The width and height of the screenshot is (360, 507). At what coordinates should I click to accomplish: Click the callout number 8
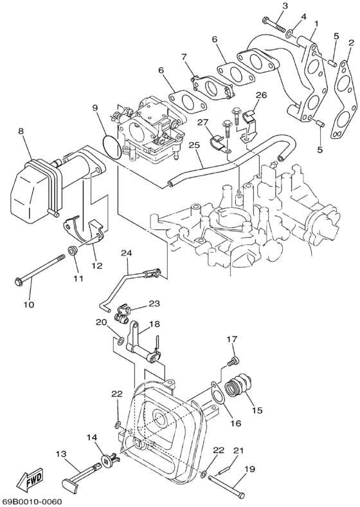[x=21, y=131]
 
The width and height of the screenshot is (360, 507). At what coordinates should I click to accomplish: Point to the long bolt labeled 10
[x=39, y=271]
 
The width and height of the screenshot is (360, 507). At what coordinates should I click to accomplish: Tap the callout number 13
[x=61, y=454]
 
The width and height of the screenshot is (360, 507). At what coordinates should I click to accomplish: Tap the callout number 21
[x=239, y=450]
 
